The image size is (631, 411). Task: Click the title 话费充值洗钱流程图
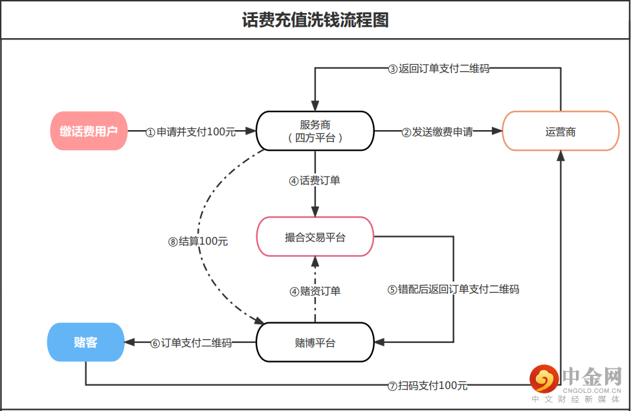point(315,20)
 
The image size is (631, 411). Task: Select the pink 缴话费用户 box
point(89,131)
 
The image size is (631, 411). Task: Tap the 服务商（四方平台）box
point(315,131)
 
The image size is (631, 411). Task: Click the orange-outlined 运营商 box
point(560,131)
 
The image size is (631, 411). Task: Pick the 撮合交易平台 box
point(315,237)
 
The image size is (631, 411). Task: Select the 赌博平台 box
point(315,342)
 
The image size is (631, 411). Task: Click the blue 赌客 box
point(85,342)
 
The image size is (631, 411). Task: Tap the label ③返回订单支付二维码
point(438,68)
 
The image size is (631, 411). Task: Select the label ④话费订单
point(315,181)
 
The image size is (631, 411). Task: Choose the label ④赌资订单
point(315,291)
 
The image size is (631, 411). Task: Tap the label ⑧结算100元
point(198,241)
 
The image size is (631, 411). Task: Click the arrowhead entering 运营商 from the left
point(497,131)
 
